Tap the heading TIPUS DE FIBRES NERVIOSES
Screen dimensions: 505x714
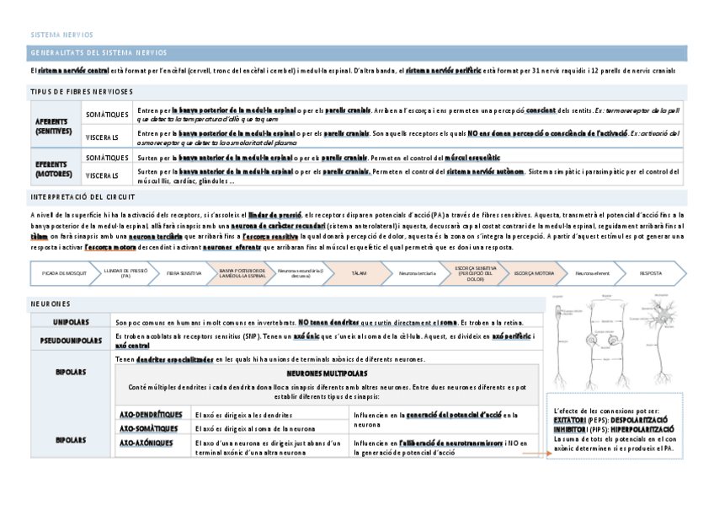pyautogui.click(x=81, y=91)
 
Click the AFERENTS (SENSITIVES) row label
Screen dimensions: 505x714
pyautogui.click(x=55, y=126)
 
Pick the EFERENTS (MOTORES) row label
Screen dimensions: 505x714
pyautogui.click(x=55, y=169)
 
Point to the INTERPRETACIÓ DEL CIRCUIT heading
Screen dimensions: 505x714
pyautogui.click(x=82, y=196)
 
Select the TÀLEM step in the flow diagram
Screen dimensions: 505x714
pyautogui.click(x=358, y=274)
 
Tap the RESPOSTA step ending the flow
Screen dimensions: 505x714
pyautogui.click(x=650, y=274)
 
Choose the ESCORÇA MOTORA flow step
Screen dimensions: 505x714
pyautogui.click(x=534, y=274)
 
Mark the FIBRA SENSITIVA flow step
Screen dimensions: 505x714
pyautogui.click(x=184, y=274)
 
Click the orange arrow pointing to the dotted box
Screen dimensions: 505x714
pyautogui.click(x=530, y=454)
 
